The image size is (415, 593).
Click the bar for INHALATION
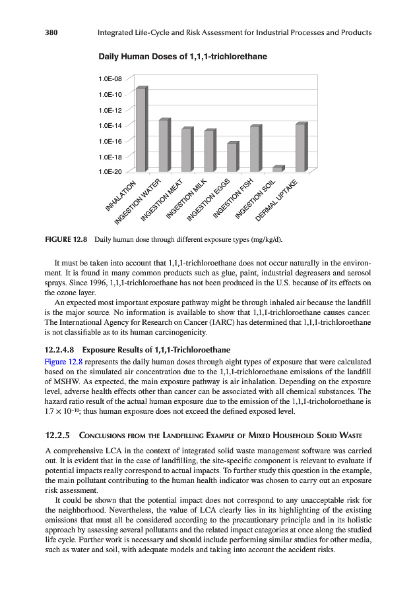pyautogui.click(x=141, y=129)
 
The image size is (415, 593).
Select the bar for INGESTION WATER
pyautogui.click(x=164, y=145)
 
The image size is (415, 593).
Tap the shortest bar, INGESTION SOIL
pyautogui.click(x=277, y=169)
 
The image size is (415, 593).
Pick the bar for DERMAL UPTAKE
pyautogui.click(x=300, y=147)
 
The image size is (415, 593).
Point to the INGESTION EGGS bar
pyautogui.click(x=232, y=157)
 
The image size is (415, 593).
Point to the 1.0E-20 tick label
pyautogui.click(x=110, y=172)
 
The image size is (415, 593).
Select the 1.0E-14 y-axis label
pyautogui.click(x=110, y=125)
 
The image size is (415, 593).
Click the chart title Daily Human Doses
pyautogui.click(x=183, y=57)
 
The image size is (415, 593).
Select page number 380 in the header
pyautogui.click(x=53, y=32)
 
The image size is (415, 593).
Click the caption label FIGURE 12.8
pyautogui.click(x=66, y=238)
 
